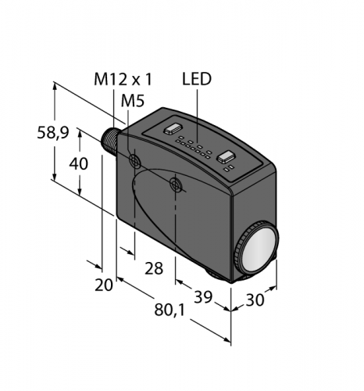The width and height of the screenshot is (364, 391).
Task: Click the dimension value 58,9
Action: [x=52, y=134]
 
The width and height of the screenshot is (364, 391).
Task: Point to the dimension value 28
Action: [x=154, y=268]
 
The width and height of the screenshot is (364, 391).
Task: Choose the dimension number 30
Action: [x=255, y=300]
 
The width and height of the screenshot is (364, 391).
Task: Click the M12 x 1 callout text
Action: [x=124, y=80]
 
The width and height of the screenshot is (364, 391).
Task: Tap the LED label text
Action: [x=197, y=80]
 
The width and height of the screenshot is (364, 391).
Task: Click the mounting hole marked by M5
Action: [x=136, y=162]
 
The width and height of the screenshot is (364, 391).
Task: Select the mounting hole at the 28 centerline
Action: [x=176, y=185]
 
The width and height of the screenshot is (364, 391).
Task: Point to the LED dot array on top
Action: [x=195, y=145]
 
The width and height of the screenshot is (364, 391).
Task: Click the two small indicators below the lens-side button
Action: [x=227, y=168]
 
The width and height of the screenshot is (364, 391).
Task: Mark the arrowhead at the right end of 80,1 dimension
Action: [x=230, y=342]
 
